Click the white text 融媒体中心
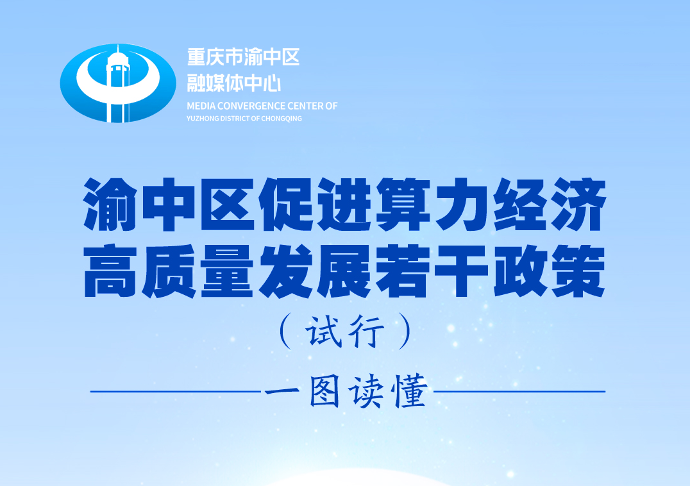tap(233, 83)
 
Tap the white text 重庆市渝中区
tap(243, 57)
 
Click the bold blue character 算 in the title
tap(403, 204)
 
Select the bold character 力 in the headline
tap(461, 204)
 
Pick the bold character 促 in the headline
tap(286, 204)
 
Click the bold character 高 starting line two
tap(110, 271)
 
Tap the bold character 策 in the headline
tap(578, 271)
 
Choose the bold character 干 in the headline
tap(461, 271)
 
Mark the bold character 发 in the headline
tap(286, 271)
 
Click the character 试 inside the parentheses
tap(324, 331)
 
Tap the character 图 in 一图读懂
tap(324, 390)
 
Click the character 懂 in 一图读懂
tap(411, 390)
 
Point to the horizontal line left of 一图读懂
tap(176, 391)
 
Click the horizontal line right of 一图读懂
tap(519, 391)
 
